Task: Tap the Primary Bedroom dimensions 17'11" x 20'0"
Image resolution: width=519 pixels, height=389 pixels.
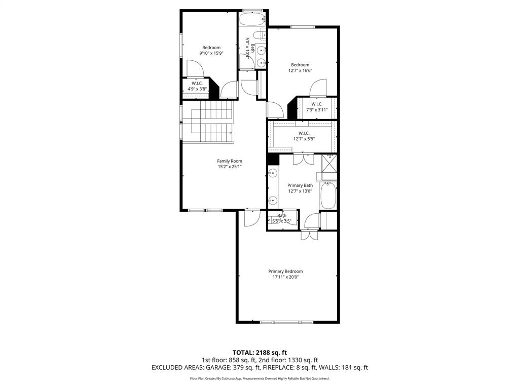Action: tap(285, 277)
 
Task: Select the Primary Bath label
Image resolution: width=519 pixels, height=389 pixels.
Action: tap(300, 185)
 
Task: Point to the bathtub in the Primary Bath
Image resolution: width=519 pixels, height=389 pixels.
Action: tap(328, 196)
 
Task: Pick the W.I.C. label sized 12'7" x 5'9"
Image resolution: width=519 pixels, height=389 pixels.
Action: tap(304, 133)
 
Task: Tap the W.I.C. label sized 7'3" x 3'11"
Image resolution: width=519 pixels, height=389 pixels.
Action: tap(317, 104)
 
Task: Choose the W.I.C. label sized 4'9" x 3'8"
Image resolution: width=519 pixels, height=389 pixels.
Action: tap(197, 83)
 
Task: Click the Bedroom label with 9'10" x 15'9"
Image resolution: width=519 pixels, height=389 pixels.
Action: tap(211, 48)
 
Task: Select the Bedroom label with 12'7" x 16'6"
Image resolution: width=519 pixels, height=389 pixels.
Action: tap(300, 65)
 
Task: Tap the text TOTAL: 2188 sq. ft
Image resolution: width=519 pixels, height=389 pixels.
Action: tap(259, 352)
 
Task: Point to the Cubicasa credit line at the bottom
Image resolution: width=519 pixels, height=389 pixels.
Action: tap(259, 378)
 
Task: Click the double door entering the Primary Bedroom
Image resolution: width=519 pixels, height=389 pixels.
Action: tap(308, 235)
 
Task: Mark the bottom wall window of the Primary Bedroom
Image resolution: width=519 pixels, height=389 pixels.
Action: tap(288, 322)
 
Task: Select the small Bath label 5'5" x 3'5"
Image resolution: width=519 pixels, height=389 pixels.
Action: tap(282, 216)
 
